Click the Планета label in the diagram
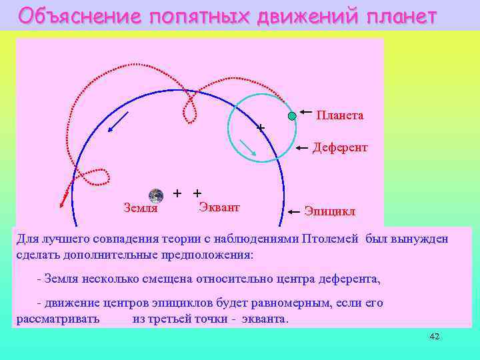(x=340, y=115)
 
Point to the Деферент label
(x=340, y=147)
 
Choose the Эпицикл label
(x=329, y=212)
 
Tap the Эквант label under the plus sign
(x=219, y=207)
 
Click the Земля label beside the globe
(x=141, y=209)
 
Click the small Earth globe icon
(x=156, y=195)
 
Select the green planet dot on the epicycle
(x=292, y=116)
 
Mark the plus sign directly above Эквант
(x=197, y=193)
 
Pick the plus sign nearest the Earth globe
(x=177, y=193)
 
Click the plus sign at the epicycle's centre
(x=261, y=127)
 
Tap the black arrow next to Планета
(x=306, y=112)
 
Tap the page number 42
(x=435, y=337)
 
